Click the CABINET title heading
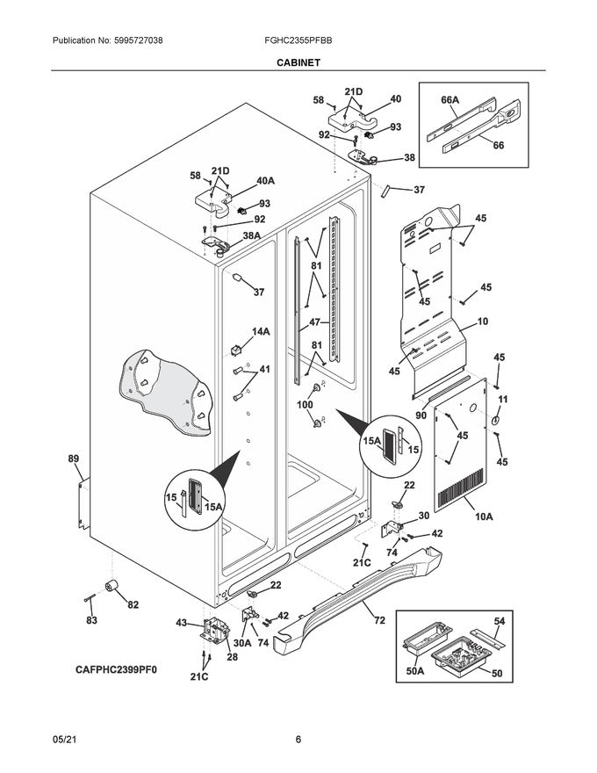pos(298,62)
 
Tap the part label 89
pos(73,458)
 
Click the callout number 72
pos(379,621)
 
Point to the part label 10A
pos(483,517)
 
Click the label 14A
pos(261,331)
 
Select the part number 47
pos(314,323)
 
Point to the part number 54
pos(499,620)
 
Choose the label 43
pos(181,622)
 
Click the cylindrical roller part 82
pos(112,588)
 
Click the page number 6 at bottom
pos(298,739)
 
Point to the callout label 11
pos(503,400)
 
